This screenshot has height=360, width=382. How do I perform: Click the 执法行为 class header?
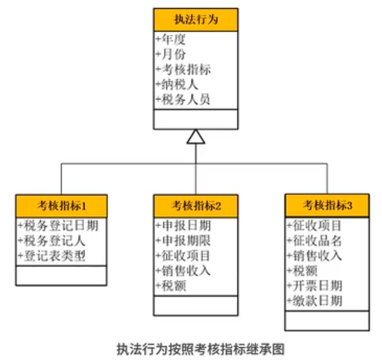(x=196, y=20)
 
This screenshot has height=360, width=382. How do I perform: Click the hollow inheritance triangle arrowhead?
(x=196, y=136)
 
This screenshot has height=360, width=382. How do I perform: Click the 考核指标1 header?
(x=61, y=206)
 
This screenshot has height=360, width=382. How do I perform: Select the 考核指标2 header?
(x=196, y=206)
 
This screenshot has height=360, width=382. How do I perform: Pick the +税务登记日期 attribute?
(x=58, y=225)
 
